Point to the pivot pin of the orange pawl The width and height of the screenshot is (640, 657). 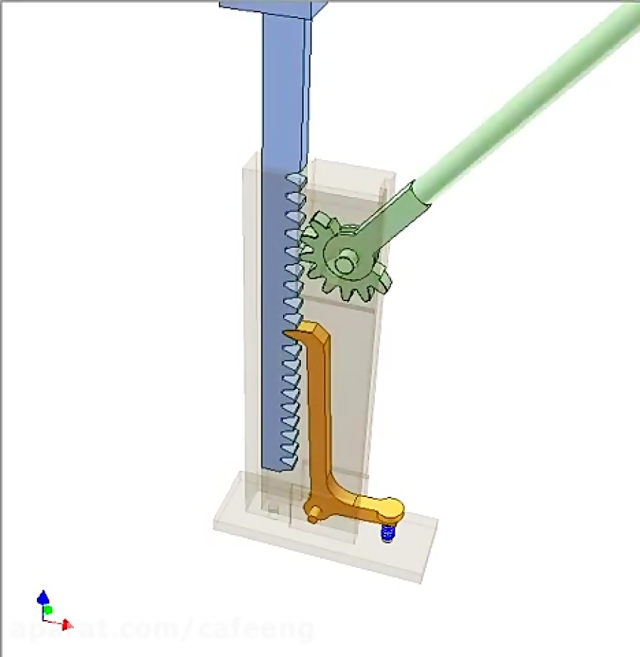pyautogui.click(x=313, y=513)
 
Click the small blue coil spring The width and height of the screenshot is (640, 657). pyautogui.click(x=387, y=532)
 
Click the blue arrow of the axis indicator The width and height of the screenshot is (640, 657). pyautogui.click(x=43, y=596)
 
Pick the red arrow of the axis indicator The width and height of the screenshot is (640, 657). pyautogui.click(x=66, y=625)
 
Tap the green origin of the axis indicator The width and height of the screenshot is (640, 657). pyautogui.click(x=48, y=611)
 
